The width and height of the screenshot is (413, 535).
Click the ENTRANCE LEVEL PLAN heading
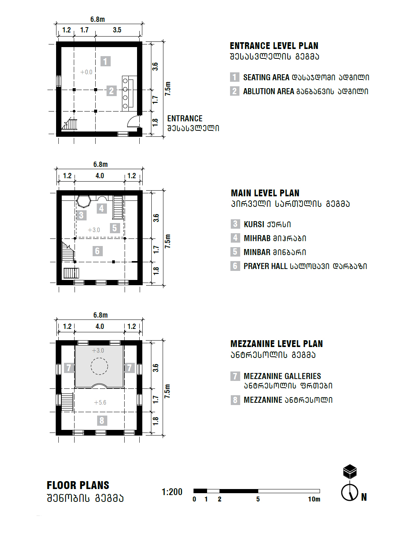274,46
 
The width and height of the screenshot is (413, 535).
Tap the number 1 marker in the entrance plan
105,61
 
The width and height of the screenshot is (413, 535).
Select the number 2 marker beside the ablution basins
111,91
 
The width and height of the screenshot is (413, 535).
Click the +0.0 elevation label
86,72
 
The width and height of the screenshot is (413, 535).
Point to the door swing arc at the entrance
133,121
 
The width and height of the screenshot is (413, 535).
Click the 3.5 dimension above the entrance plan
117,30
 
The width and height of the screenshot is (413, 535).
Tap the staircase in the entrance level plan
70,124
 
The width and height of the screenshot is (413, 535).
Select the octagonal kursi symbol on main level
84,201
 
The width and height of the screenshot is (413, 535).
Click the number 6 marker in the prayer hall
97,251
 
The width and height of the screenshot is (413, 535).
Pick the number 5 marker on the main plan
115,228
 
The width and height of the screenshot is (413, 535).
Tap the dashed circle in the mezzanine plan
99,366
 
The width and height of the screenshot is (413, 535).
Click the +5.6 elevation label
100,402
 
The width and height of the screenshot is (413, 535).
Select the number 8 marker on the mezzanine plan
102,420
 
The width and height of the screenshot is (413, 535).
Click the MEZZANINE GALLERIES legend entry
282,376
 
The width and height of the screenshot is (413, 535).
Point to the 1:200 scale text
172,492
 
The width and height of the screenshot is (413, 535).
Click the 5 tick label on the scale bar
258,499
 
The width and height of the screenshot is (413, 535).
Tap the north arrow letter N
364,497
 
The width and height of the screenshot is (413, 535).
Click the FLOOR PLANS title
78,485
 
